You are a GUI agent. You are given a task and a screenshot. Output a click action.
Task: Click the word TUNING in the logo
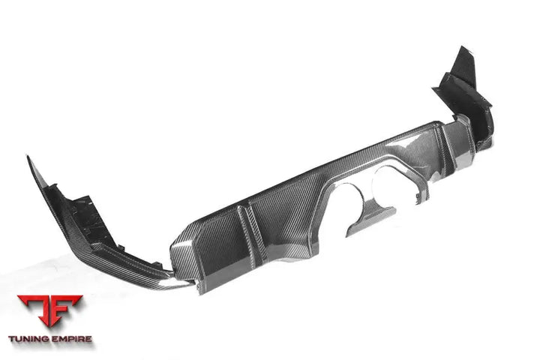coord(30,339)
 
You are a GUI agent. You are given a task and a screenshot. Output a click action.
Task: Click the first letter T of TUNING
coord(12,339)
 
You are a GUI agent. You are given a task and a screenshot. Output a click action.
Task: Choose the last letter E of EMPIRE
coord(89,339)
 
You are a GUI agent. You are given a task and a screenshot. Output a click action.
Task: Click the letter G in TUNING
coord(47,339)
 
